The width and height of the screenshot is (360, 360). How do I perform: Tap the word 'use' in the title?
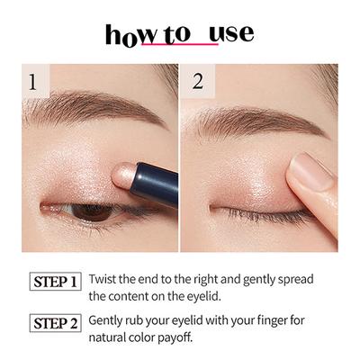coord(229,34)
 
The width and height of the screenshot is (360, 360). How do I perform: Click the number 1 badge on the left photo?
coord(33,83)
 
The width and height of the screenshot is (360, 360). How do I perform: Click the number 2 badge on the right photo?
coord(199,83)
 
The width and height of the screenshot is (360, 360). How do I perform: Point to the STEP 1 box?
coord(56,281)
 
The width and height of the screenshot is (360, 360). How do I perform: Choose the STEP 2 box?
coord(56,322)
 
